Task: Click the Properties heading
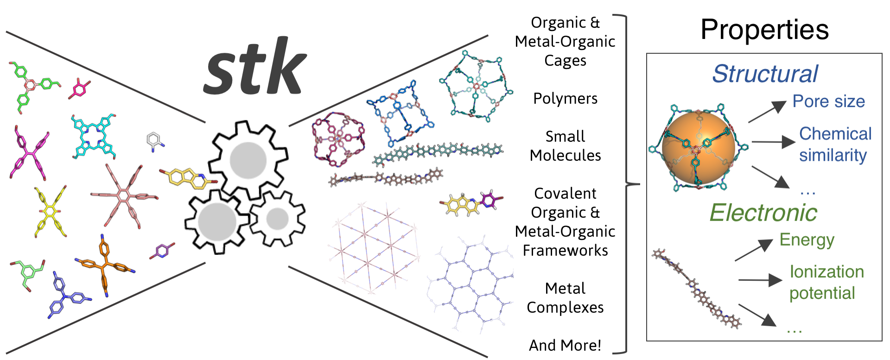point(764,30)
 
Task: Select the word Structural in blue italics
point(765,74)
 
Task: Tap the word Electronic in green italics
point(763,213)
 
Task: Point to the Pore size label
point(828,101)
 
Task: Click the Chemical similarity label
point(834,144)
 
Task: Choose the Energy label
point(807,240)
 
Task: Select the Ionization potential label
point(826,282)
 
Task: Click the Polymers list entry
point(565,99)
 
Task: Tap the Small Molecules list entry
point(565,146)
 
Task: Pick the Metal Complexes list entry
point(565,298)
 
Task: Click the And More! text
point(565,346)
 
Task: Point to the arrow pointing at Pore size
point(767,112)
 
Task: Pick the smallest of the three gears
point(278,219)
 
